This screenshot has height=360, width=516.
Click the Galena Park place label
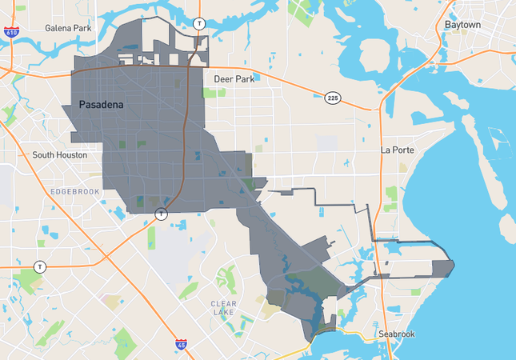pos(69,28)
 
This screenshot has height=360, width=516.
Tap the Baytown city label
pos(462,25)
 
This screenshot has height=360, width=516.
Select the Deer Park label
pos(233,79)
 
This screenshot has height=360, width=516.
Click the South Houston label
pos(60,154)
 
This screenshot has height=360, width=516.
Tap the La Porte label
pos(395,150)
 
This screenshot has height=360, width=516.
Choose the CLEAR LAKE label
pos(223,308)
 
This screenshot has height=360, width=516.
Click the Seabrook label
pos(395,334)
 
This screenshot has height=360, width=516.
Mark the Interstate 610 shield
pos(11,33)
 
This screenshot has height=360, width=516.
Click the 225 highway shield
pos(333,98)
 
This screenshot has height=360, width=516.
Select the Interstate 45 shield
pos(182,345)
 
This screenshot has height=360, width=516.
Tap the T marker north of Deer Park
pos(199,23)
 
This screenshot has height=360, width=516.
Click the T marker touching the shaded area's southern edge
pos(162,214)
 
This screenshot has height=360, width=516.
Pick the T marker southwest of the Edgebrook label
pos(39,266)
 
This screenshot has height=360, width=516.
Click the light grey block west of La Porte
pos(327,143)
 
